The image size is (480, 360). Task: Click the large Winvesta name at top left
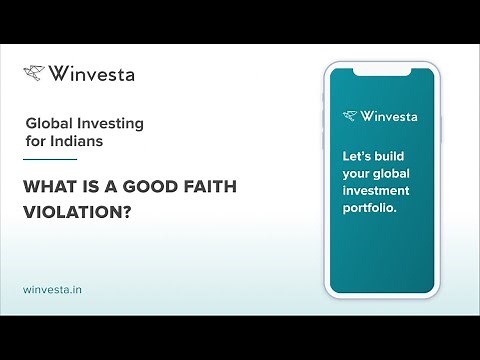click(92, 73)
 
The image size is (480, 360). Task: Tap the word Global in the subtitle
click(48, 124)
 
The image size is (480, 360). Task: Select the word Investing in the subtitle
click(109, 124)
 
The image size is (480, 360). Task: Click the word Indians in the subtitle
click(76, 142)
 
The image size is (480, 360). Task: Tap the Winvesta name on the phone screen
click(388, 116)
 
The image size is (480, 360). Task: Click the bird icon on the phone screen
click(349, 116)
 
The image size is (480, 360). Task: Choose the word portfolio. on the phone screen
click(371, 209)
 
